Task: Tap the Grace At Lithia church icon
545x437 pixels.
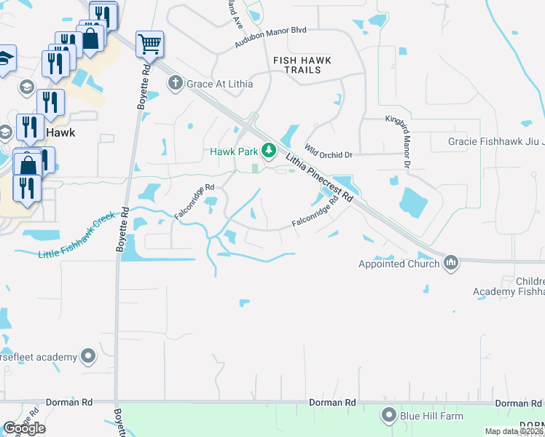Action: (175, 84)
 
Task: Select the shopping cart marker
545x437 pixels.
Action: (149, 44)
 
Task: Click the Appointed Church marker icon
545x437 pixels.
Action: (451, 262)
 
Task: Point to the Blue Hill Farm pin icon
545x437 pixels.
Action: (388, 416)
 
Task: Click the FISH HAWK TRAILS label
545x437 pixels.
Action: (307, 65)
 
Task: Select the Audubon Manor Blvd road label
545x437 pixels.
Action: (270, 38)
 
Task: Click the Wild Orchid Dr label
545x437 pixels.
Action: (329, 151)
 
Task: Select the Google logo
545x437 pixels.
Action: (24, 428)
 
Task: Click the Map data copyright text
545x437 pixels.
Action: (514, 431)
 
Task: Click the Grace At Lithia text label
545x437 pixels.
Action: (220, 84)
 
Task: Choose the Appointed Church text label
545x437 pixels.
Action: (399, 264)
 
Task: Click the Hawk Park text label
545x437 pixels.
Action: (235, 151)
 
